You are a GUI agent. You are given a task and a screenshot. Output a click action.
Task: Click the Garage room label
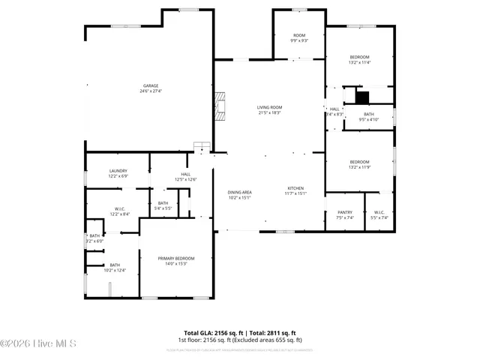(x=151, y=85)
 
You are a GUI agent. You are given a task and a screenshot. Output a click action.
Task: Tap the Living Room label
(x=269, y=107)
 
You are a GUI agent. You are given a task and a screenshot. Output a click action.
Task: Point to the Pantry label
(x=344, y=212)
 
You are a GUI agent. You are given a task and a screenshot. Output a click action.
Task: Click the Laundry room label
(x=118, y=170)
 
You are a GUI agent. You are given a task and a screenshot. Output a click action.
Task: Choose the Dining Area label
(x=240, y=193)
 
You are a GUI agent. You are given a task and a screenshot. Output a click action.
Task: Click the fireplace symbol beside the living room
(x=220, y=106)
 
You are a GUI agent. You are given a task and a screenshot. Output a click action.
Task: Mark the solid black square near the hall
(x=362, y=97)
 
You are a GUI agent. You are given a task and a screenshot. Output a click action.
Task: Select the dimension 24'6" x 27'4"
(x=151, y=91)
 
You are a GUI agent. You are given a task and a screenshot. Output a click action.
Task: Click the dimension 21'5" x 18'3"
(x=269, y=112)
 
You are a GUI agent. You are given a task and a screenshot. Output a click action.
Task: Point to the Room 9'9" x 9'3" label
(x=299, y=37)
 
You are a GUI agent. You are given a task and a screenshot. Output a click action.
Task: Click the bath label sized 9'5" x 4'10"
(x=369, y=116)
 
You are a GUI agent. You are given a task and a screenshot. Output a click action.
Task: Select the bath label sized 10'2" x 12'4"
(x=115, y=267)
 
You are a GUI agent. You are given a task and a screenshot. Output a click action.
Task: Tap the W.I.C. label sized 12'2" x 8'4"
(x=119, y=211)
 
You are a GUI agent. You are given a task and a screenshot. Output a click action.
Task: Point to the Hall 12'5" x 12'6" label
(x=185, y=176)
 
